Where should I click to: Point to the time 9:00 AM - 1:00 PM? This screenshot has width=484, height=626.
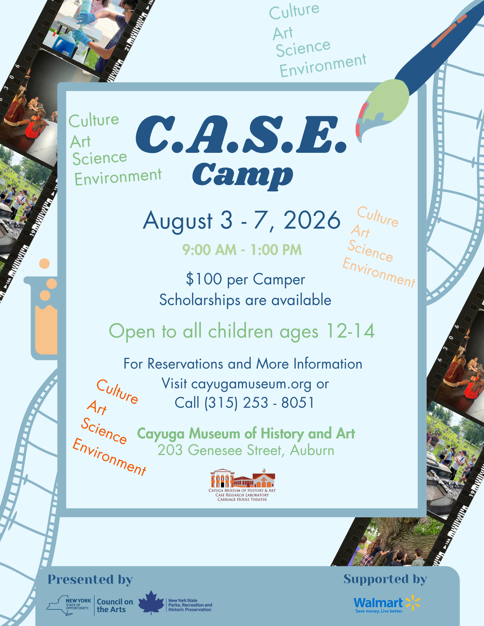click(242, 250)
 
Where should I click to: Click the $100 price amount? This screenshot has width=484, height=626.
click(204, 279)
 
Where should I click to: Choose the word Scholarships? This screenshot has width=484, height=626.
click(200, 300)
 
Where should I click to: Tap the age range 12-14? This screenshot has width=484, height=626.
click(350, 331)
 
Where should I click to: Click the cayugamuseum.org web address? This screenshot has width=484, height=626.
click(251, 384)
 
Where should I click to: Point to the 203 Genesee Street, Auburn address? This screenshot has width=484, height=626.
click(246, 450)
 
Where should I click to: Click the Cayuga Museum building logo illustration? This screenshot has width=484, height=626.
click(243, 478)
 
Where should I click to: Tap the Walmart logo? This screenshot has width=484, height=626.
click(387, 603)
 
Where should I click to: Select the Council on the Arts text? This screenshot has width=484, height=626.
click(115, 605)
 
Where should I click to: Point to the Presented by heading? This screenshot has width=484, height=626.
click(90, 580)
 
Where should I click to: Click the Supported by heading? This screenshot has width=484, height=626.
click(385, 579)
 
